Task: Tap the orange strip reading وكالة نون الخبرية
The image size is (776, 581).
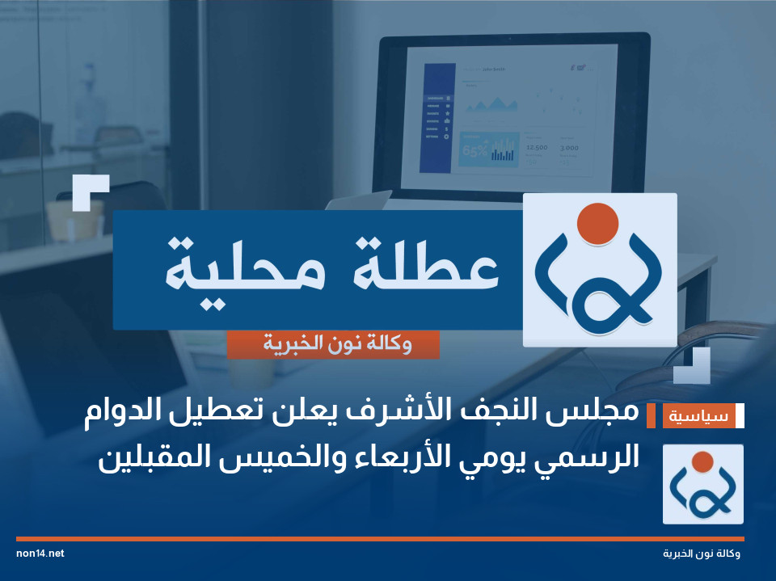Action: [x=333, y=345]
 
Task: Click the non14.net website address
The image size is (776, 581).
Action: [x=40, y=554]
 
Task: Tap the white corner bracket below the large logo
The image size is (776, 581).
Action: [x=694, y=366]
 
